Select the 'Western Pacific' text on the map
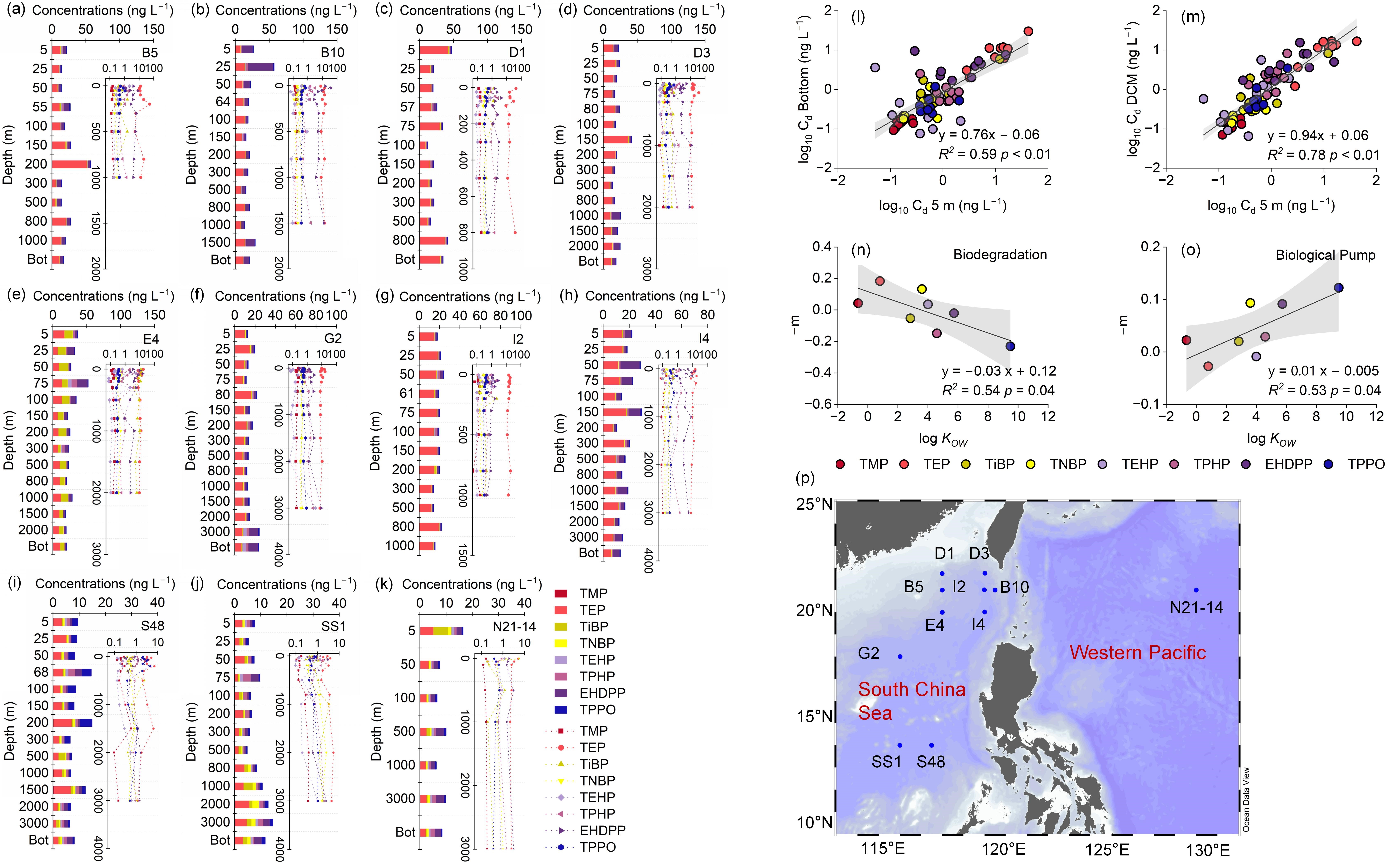click(1138, 653)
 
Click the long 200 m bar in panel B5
click(71, 164)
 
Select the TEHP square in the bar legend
click(561, 660)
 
